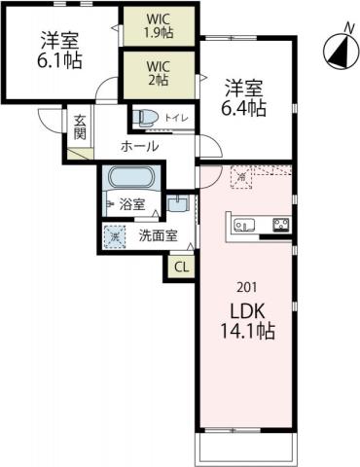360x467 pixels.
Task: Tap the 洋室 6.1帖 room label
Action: coord(59,51)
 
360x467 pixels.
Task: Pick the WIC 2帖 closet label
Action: coord(159,75)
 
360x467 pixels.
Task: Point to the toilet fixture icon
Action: coord(147,118)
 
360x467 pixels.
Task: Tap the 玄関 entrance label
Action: coord(81,129)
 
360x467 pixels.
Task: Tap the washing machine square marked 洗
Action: coord(116,235)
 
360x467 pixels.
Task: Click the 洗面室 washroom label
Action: coord(156,234)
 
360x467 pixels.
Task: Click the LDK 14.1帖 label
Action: coord(246,320)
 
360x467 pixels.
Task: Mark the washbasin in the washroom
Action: coord(176,204)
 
